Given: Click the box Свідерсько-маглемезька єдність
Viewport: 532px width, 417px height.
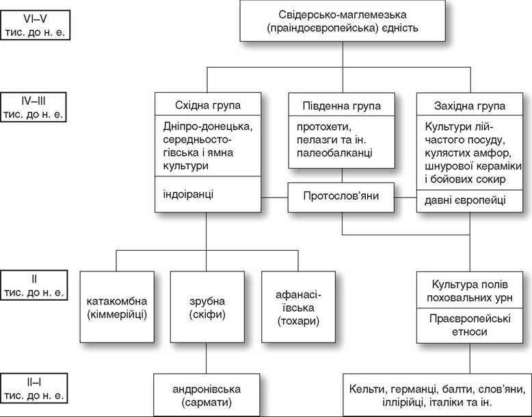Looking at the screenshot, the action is click(x=343, y=21).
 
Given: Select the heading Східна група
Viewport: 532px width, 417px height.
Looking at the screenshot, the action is click(x=208, y=105).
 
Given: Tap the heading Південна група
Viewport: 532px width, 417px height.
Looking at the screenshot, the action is click(x=342, y=106).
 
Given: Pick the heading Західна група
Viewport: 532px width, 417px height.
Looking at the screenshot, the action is click(x=470, y=106).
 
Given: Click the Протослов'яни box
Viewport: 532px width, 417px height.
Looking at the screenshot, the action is click(x=341, y=198).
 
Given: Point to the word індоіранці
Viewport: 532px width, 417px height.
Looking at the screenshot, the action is click(x=188, y=194).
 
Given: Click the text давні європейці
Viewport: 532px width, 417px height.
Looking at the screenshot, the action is click(x=465, y=200).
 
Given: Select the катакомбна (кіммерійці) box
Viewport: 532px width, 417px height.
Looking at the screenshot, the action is click(x=117, y=307).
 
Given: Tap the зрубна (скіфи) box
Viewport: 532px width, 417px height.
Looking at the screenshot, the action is click(x=207, y=307).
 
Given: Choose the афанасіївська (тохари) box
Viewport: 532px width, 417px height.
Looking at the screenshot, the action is click(x=298, y=307).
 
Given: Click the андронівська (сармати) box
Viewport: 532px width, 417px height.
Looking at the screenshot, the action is click(x=207, y=395).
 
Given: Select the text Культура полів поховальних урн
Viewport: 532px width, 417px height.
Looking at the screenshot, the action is click(x=470, y=291).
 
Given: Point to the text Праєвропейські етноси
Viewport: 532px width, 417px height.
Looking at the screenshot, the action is click(x=470, y=325).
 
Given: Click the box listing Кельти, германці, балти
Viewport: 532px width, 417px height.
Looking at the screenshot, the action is click(x=438, y=395).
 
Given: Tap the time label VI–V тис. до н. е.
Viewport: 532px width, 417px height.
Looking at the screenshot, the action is click(x=35, y=25).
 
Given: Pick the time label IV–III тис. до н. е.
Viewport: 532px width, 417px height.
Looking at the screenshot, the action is click(x=34, y=107).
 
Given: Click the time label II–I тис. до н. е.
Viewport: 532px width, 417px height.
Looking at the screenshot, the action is click(x=34, y=388).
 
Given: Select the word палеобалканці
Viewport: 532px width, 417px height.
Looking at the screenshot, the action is click(x=334, y=152).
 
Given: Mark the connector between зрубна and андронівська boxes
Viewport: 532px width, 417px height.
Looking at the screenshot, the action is click(x=207, y=358).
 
